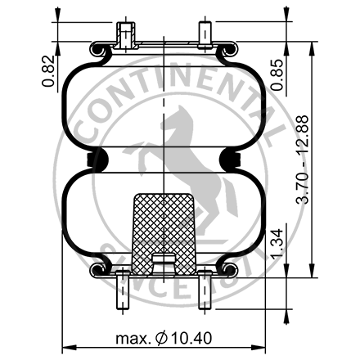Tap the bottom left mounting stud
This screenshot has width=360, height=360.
[x=124, y=290]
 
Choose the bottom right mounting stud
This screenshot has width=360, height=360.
[x=205, y=290]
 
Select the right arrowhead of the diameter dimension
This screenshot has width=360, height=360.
[x=266, y=344]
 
